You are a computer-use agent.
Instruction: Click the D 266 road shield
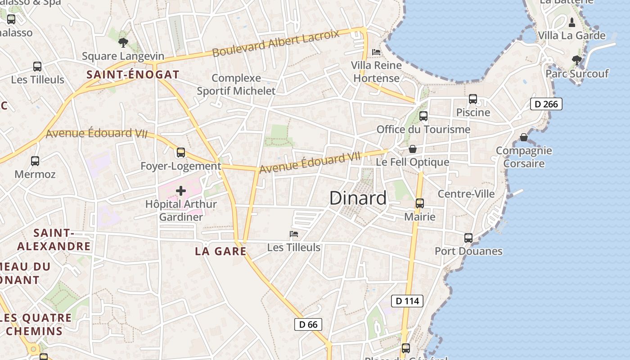546,104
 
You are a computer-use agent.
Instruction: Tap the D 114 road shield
407,301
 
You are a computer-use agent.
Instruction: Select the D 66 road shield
308,324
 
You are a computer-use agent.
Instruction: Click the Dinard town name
358,198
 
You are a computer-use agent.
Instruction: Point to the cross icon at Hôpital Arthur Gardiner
180,191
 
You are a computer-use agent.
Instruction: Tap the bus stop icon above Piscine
472,99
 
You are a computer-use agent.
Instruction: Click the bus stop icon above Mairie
420,203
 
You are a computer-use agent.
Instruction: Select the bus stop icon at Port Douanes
468,238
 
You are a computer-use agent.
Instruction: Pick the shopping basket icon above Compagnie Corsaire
524,137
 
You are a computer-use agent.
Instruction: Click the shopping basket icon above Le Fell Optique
413,149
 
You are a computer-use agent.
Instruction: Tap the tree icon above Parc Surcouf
576,60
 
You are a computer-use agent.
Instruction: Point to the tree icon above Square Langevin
123,43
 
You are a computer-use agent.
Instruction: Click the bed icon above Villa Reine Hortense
376,52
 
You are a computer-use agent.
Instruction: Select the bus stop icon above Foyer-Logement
181,153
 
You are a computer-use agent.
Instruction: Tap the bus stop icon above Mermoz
35,161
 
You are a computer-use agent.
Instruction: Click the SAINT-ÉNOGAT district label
133,75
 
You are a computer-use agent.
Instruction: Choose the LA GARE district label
220,251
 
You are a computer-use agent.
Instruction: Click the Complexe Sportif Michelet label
236,84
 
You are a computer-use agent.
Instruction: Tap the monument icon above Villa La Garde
572,22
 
